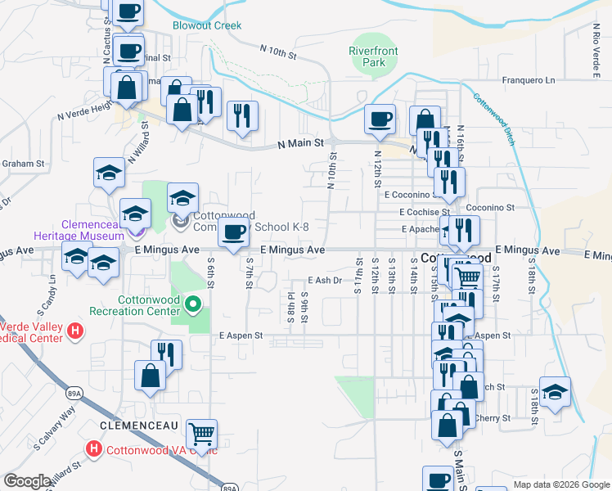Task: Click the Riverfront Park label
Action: click(x=373, y=56)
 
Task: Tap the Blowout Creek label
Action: click(x=207, y=25)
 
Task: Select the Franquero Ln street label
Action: click(x=528, y=80)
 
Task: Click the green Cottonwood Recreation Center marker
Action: click(x=193, y=306)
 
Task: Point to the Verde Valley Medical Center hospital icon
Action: click(x=75, y=331)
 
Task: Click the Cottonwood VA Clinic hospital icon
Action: click(x=94, y=449)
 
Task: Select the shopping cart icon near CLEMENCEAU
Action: click(x=201, y=431)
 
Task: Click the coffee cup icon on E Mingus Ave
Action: click(x=234, y=234)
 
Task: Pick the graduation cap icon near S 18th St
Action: click(x=555, y=390)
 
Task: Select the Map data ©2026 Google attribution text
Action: click(x=560, y=484)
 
